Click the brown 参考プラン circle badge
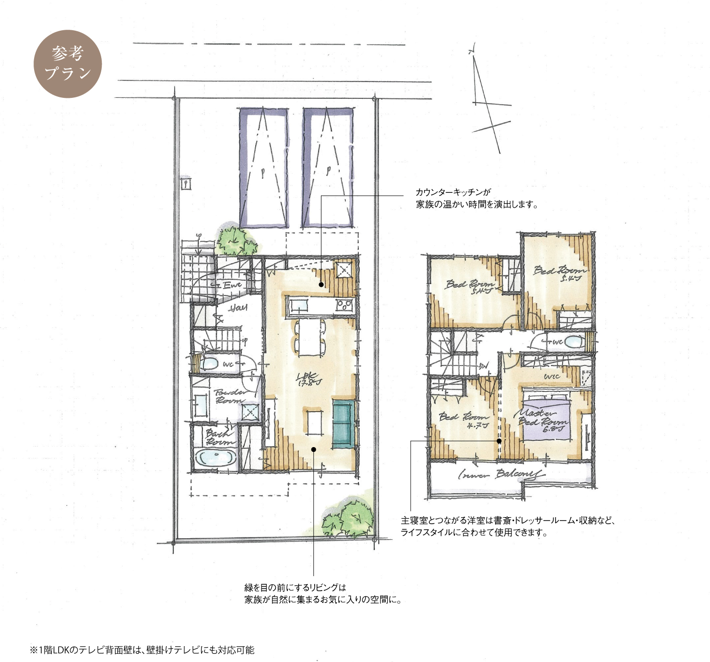pyautogui.click(x=68, y=64)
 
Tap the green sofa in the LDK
pyautogui.click(x=343, y=424)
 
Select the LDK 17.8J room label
pyautogui.click(x=309, y=379)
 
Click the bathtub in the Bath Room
pyautogui.click(x=214, y=457)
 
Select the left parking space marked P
pyautogui.click(x=263, y=168)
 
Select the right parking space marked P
pyautogui.click(x=328, y=168)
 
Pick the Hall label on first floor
pyautogui.click(x=237, y=307)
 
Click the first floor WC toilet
pyautogui.click(x=209, y=364)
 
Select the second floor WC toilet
pyautogui.click(x=571, y=342)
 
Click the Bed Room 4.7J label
pyautogui.click(x=464, y=420)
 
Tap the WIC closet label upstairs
pyautogui.click(x=552, y=377)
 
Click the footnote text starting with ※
pyautogui.click(x=142, y=650)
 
